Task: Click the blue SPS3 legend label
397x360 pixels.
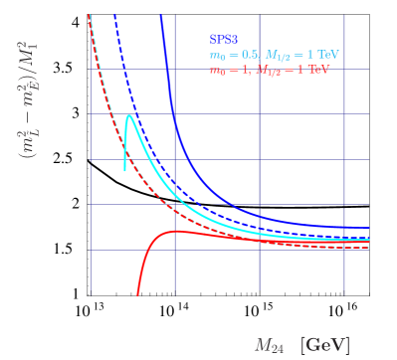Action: [224, 40]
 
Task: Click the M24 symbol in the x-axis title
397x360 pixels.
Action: [270, 345]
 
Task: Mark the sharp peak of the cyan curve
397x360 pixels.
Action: [129, 116]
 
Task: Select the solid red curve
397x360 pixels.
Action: [249, 239]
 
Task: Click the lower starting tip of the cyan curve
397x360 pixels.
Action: [124, 170]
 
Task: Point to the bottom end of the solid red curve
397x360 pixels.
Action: [137, 294]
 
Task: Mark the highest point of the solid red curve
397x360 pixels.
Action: [175, 232]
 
